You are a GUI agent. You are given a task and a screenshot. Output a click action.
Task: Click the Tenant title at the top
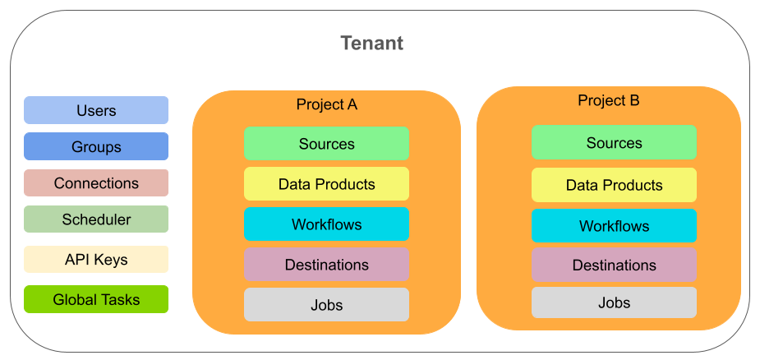pyautogui.click(x=371, y=43)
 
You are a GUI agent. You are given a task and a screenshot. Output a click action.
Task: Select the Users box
pyautogui.click(x=96, y=110)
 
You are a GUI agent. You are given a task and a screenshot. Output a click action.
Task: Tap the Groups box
pyautogui.click(x=96, y=146)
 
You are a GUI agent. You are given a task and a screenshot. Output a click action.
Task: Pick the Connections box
pyautogui.click(x=96, y=183)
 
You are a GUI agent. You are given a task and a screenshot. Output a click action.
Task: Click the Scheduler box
pyautogui.click(x=96, y=219)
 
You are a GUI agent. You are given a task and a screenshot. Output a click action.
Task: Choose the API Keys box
pyautogui.click(x=96, y=260)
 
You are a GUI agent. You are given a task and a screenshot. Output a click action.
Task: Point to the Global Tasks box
pyautogui.click(x=96, y=299)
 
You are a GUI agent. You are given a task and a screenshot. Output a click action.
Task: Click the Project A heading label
pyautogui.click(x=327, y=104)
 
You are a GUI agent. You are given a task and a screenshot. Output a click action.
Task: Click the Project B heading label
pyautogui.click(x=608, y=100)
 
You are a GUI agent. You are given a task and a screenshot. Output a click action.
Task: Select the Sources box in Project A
pyautogui.click(x=327, y=144)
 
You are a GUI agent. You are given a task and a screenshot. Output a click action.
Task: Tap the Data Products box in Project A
pyautogui.click(x=327, y=184)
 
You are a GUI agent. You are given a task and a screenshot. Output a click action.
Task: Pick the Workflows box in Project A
pyautogui.click(x=327, y=224)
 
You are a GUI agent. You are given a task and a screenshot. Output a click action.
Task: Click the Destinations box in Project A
pyautogui.click(x=327, y=265)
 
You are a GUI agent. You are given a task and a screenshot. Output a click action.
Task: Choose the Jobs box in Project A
pyautogui.click(x=327, y=305)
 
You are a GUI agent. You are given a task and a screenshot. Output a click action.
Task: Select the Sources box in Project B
pyautogui.click(x=614, y=142)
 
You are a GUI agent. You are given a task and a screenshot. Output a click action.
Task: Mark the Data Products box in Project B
pyautogui.click(x=614, y=185)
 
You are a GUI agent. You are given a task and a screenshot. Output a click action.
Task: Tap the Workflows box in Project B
pyautogui.click(x=614, y=225)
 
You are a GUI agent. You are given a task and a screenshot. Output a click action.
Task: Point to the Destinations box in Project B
pyautogui.click(x=614, y=265)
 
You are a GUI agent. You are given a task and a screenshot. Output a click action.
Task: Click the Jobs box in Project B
pyautogui.click(x=614, y=302)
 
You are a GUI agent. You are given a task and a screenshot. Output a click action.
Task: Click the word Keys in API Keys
pyautogui.click(x=111, y=260)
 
